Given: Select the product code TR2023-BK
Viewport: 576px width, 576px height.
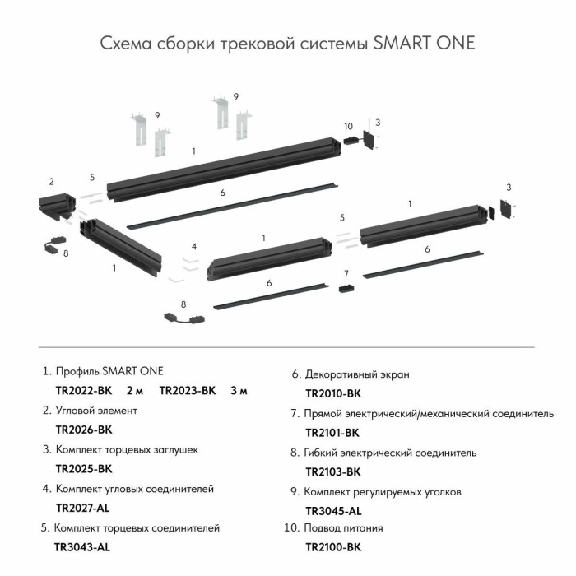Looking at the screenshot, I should [187, 390].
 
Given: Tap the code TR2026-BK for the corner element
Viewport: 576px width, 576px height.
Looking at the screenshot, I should [83, 430].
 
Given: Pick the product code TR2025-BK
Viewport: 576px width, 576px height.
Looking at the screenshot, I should [83, 469].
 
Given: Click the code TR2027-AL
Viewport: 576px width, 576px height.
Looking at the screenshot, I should [82, 508].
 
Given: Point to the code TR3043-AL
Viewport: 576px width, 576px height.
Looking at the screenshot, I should [82, 546].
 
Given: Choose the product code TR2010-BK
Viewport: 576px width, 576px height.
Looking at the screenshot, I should [333, 393].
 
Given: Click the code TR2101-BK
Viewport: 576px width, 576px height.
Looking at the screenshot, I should [332, 432].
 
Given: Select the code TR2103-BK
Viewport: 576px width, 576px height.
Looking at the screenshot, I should [333, 471].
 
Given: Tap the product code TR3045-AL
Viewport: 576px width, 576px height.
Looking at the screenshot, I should [332, 511].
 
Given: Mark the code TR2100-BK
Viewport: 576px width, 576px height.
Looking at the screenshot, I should [333, 546].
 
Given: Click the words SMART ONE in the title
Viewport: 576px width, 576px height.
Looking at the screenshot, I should [424, 43].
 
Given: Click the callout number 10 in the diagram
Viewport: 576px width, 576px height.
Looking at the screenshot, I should [348, 126].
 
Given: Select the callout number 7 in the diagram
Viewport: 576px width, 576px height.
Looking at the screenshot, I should [346, 273].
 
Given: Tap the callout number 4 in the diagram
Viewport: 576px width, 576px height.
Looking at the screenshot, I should [194, 246].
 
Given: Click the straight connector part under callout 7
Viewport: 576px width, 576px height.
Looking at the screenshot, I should [346, 289].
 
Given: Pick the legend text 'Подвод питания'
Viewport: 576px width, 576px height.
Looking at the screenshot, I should [343, 527].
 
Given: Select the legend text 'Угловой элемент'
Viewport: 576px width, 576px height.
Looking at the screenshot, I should [96, 410].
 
